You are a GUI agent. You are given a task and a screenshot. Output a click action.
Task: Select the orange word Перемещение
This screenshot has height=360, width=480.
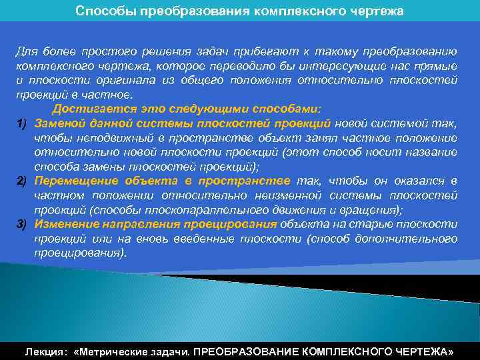[x=75, y=181]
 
